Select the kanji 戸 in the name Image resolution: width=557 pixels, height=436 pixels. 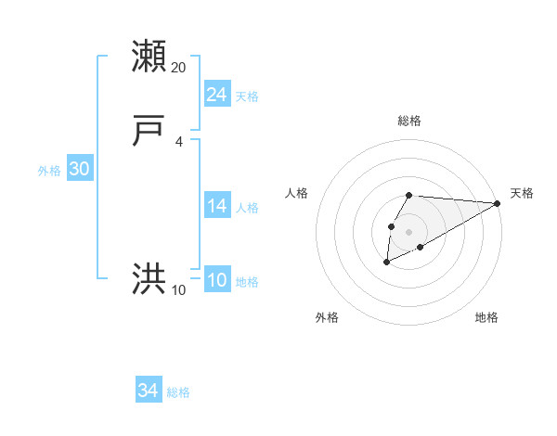[x=149, y=132]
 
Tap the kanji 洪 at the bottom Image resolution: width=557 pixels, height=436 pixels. [x=149, y=279]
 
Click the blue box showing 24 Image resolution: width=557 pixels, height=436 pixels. [x=216, y=95]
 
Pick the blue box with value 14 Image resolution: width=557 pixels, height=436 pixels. [x=216, y=206]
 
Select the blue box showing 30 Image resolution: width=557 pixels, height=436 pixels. [x=79, y=169]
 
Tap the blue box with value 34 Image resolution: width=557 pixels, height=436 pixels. [x=149, y=391]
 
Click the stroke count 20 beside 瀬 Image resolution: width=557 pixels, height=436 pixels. [x=179, y=68]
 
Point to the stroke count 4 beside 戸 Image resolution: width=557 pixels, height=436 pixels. [x=179, y=142]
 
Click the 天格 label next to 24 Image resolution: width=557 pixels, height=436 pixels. [x=247, y=96]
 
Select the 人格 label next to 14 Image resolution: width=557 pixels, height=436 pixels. [x=247, y=208]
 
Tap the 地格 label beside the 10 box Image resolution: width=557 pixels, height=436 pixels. [x=247, y=282]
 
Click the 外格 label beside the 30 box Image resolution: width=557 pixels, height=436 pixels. [x=49, y=171]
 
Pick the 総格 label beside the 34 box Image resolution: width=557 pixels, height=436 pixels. [x=178, y=392]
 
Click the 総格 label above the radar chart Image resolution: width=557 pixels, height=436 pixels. [x=409, y=121]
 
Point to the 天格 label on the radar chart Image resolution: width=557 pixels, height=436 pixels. [x=522, y=193]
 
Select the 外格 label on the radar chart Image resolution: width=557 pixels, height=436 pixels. [x=327, y=317]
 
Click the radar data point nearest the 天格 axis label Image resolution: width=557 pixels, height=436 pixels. [x=498, y=203]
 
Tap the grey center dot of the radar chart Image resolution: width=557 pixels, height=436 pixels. [x=408, y=231]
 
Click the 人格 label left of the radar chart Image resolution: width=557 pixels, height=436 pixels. [x=297, y=193]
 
